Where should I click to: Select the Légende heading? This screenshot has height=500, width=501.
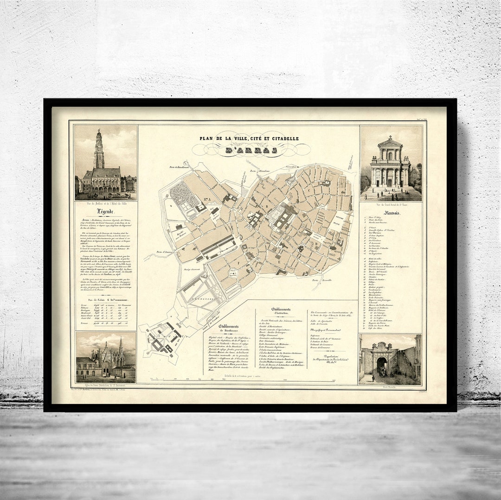pyautogui.click(x=105, y=212)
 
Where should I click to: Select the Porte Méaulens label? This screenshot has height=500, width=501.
pyautogui.click(x=260, y=171)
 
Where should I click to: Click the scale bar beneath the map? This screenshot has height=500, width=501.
pyautogui.click(x=241, y=380)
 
